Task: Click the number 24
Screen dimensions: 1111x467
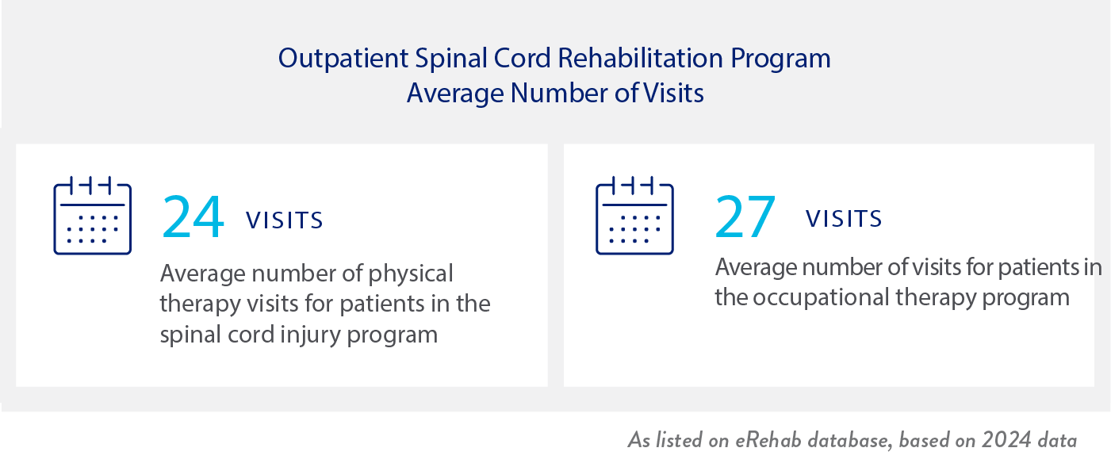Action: click(193, 217)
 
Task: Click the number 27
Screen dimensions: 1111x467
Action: click(745, 217)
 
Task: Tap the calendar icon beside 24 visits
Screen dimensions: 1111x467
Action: click(92, 215)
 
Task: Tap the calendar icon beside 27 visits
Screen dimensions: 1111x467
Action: click(634, 215)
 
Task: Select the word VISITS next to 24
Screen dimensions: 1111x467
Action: click(284, 220)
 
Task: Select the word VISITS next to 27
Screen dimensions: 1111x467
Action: click(844, 219)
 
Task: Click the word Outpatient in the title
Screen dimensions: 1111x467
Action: click(343, 59)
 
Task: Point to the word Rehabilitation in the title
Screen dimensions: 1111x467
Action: click(640, 58)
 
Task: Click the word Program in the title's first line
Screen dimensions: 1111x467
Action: click(780, 59)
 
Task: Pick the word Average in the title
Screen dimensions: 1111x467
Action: click(455, 94)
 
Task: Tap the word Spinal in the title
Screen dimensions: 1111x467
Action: click(451, 59)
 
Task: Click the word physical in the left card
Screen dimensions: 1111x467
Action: click(411, 274)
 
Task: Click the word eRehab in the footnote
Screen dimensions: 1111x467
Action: click(768, 440)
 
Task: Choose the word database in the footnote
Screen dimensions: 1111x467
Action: click(849, 440)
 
